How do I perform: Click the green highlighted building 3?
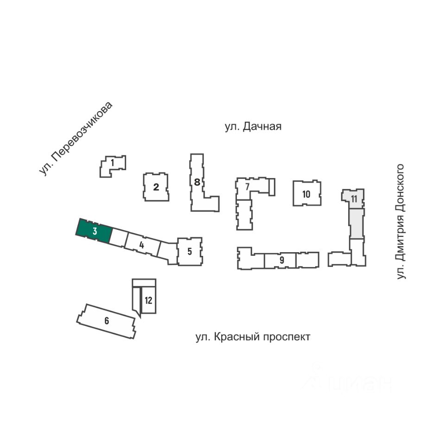pos(94,231)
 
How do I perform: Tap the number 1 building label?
pos(112,163)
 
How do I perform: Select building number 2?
pos(156,187)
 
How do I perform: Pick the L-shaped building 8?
pos(197,183)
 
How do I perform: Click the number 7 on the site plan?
pos(248,186)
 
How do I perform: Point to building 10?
pos(306,194)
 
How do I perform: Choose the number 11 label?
pos(354,199)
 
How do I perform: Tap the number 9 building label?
pos(282,260)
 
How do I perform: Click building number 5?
pos(190,252)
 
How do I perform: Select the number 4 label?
pos(142,244)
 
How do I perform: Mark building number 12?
pos(148,300)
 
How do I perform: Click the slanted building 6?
pos(107,321)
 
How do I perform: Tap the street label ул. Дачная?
pos(253,127)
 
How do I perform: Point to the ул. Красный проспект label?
pos(253,337)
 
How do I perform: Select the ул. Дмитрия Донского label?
pos(401,222)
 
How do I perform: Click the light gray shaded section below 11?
pos(356,223)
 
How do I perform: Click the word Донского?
pos(401,188)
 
